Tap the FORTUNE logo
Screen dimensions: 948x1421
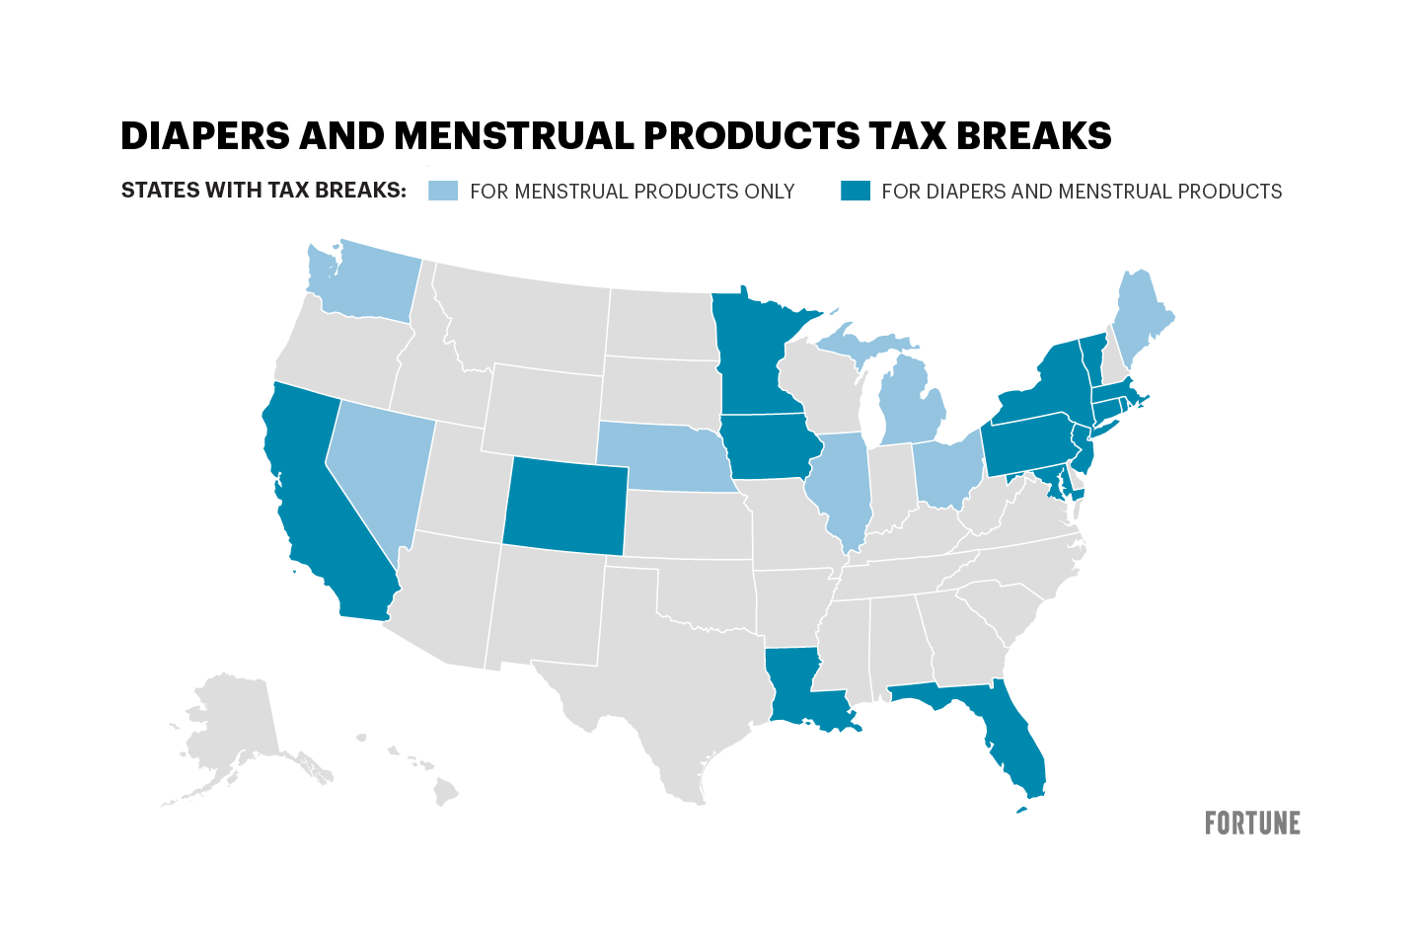(1252, 823)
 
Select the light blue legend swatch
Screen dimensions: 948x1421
(443, 192)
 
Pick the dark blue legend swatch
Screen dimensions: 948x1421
(855, 192)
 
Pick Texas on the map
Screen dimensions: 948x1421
(671, 681)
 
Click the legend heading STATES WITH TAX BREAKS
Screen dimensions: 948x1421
(263, 191)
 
